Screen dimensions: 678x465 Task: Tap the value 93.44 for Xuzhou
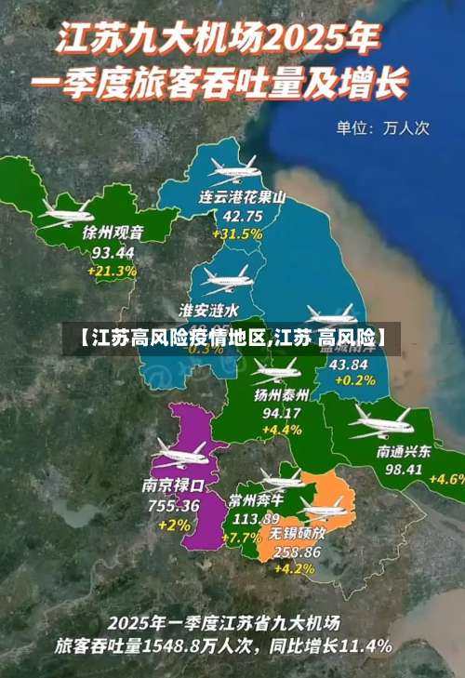pyautogui.click(x=113, y=252)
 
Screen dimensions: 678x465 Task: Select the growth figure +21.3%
pyautogui.click(x=113, y=272)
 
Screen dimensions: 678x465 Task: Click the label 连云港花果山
pyautogui.click(x=242, y=198)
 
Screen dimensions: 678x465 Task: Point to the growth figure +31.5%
pyautogui.click(x=237, y=234)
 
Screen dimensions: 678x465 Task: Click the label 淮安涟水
pyautogui.click(x=209, y=309)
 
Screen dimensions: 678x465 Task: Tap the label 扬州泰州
pyautogui.click(x=282, y=394)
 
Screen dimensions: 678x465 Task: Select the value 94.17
pyautogui.click(x=282, y=413)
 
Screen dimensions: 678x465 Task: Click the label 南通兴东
pyautogui.click(x=404, y=451)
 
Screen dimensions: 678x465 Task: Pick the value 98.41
pyautogui.click(x=404, y=470)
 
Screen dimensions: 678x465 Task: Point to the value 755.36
pyautogui.click(x=174, y=506)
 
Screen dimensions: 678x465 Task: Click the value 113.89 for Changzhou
pyautogui.click(x=257, y=519)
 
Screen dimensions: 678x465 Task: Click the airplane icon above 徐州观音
pyautogui.click(x=67, y=213)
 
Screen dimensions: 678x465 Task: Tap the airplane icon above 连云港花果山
pyautogui.click(x=232, y=169)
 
